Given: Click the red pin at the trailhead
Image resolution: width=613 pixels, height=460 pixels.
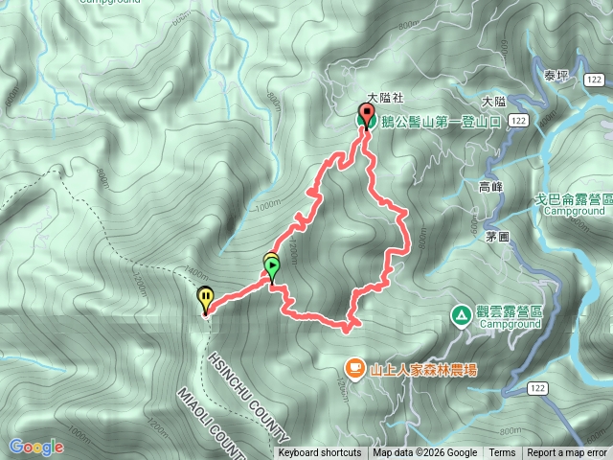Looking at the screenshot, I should [367, 115].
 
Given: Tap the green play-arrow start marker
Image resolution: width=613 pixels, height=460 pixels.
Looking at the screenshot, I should [273, 266].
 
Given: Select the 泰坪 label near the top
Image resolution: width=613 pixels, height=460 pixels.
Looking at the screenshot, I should [556, 76].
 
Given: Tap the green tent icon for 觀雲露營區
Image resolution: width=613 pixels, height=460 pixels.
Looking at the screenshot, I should [461, 313].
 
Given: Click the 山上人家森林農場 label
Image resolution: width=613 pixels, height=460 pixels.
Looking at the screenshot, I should [423, 367].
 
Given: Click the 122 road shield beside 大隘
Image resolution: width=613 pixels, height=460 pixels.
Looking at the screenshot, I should [518, 120].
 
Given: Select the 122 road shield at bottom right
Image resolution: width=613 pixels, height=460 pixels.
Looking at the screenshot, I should [539, 386].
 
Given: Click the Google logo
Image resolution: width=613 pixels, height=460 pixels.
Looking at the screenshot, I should [36, 447].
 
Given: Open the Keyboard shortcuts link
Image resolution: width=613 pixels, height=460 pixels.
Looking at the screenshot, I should [320, 453].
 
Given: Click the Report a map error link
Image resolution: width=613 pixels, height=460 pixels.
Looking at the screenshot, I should [567, 453].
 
